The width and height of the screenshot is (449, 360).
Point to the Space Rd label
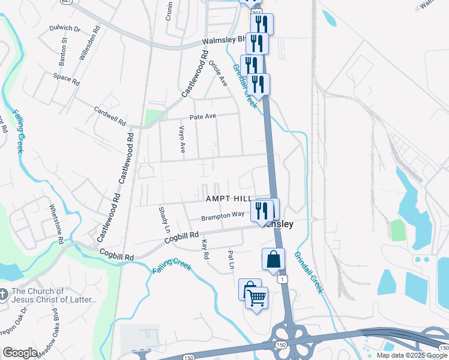coord(66,78)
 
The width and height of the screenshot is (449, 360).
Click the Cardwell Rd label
coord(110,116)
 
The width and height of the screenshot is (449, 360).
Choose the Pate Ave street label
coord(206,117)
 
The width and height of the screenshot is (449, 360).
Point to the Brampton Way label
coord(223,215)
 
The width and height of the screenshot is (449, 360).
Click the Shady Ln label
coord(163,220)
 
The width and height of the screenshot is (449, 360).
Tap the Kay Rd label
coord(205,249)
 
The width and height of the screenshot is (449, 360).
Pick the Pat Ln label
coord(230,259)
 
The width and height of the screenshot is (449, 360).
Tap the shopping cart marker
coord(257,297)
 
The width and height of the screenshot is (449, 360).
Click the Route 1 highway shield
coord(280,279)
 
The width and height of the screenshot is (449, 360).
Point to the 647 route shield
coord(66,2)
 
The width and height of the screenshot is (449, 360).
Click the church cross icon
coord(4,295)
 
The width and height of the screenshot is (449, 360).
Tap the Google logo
coord(20,353)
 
